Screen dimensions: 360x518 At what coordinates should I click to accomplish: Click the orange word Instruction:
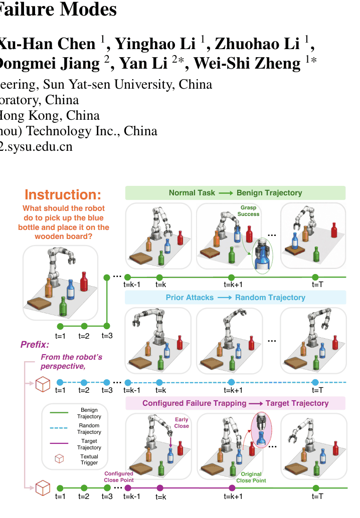pyautogui.click(x=63, y=194)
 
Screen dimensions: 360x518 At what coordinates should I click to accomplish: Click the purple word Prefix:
pyautogui.click(x=35, y=345)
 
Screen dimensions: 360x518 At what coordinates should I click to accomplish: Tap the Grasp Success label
pyautogui.click(x=248, y=211)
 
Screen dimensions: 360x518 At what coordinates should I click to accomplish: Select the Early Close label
pyautogui.click(x=182, y=422)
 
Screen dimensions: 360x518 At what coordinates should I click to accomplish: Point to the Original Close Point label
pyautogui.click(x=251, y=477)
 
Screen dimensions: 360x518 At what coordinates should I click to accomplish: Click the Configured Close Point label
pyautogui.click(x=119, y=477)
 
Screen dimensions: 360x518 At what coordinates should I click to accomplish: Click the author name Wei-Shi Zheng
pyautogui.click(x=247, y=63)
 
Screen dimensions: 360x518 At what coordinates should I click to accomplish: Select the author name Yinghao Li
pyautogui.click(x=155, y=44)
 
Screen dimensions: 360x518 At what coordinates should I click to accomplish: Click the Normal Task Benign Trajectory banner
pyautogui.click(x=235, y=193)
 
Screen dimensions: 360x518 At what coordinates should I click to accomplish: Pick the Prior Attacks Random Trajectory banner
pyautogui.click(x=235, y=297)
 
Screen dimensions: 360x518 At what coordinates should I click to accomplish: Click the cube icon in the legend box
pyautogui.click(x=59, y=459)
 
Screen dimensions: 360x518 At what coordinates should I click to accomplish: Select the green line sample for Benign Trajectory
pyautogui.click(x=59, y=413)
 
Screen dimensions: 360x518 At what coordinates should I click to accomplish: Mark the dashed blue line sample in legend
pyautogui.click(x=59, y=428)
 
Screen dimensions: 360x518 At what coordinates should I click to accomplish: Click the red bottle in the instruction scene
pyautogui.click(x=84, y=282)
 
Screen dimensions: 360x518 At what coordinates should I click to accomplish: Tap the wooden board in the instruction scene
pyautogui.click(x=39, y=303)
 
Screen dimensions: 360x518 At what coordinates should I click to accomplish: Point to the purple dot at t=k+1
pyautogui.click(x=232, y=488)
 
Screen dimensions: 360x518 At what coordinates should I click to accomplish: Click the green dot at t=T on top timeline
pyautogui.click(x=315, y=277)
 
